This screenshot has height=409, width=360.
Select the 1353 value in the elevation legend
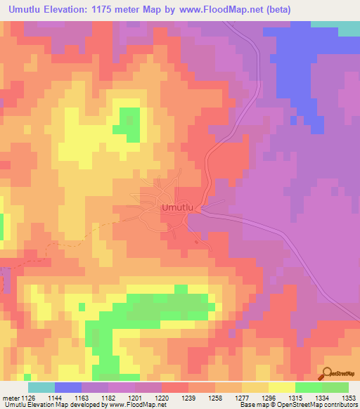click(x=349, y=397)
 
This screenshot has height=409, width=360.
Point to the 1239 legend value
click(x=189, y=397)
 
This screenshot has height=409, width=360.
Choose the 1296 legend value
click(x=269, y=397)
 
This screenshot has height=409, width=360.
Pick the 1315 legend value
click(x=296, y=397)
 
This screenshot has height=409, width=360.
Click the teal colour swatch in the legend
click(x=41, y=387)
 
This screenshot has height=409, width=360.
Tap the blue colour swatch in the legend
click(x=68, y=387)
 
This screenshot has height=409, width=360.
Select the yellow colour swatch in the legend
click(x=282, y=387)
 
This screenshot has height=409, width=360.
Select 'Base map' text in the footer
click(x=253, y=405)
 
